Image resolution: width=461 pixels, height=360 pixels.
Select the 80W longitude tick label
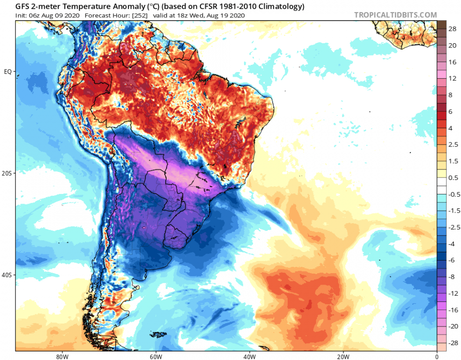pyautogui.click(x=61, y=356)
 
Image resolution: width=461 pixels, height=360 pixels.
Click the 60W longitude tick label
pyautogui.click(x=155, y=356)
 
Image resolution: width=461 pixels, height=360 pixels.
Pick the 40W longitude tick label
pyautogui.click(x=249, y=356)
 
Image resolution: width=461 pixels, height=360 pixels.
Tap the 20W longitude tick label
pyautogui.click(x=343, y=356)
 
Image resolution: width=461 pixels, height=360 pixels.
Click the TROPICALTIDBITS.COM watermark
pyautogui.click(x=396, y=15)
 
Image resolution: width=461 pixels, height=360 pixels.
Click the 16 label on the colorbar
pyautogui.click(x=452, y=62)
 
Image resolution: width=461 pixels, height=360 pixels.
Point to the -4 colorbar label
pyautogui.click(x=452, y=244)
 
